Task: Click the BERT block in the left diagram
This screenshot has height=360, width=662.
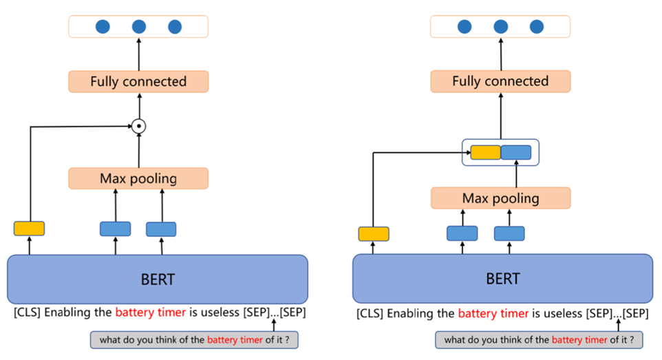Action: point(157,279)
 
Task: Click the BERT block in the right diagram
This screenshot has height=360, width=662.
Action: point(502,279)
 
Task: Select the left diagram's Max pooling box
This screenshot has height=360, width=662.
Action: point(138,179)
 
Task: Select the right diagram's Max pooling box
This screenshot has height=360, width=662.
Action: point(500,199)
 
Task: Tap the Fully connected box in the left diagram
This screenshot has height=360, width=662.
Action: point(138,82)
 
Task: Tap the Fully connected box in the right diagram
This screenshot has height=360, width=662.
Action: point(500,82)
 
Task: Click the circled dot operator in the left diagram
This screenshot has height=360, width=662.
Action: point(139,126)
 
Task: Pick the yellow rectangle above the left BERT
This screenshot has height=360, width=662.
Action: point(29,229)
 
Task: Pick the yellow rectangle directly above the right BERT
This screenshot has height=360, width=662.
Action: point(374,234)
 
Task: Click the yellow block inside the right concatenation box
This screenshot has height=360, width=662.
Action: point(484,151)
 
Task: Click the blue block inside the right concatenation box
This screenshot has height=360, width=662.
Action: point(516,151)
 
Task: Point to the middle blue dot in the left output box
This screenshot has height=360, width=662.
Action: point(139,27)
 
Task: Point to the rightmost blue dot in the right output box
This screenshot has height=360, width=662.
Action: point(537,27)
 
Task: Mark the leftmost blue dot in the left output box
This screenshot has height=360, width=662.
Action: point(103,27)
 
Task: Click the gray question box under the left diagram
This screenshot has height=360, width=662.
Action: point(194,340)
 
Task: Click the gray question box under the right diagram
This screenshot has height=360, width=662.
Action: point(539,340)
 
